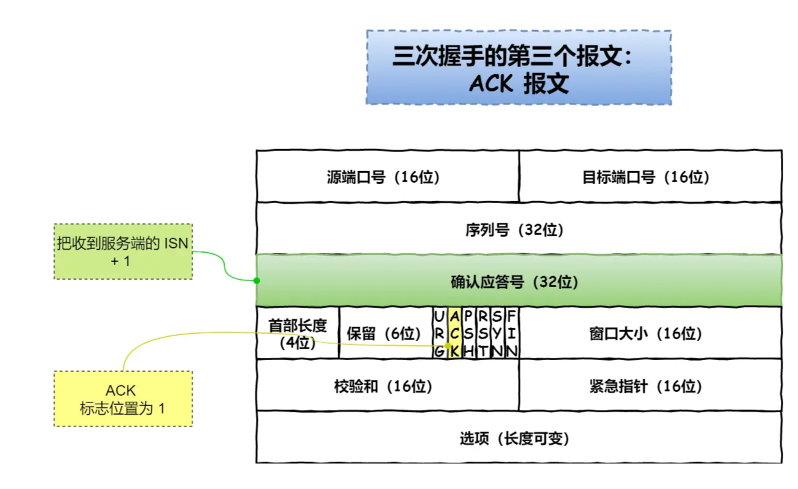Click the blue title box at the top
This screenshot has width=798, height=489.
[518, 67]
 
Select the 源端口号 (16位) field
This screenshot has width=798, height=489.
[387, 177]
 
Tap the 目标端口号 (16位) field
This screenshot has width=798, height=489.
[650, 177]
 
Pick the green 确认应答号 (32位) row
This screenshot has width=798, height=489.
[519, 282]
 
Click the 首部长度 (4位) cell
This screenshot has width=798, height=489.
[297, 333]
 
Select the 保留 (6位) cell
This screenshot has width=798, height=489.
[385, 333]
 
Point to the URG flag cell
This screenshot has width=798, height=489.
[439, 333]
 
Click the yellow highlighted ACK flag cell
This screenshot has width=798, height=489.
[454, 333]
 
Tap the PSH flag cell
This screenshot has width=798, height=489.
[469, 333]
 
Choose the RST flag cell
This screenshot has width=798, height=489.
[483, 333]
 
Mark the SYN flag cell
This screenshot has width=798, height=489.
[497, 333]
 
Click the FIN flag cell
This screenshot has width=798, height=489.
[511, 333]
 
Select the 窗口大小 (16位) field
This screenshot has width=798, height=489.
[650, 333]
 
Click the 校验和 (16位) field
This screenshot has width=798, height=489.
[387, 385]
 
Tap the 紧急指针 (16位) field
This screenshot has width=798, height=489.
[650, 385]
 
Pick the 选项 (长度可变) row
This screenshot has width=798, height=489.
[519, 437]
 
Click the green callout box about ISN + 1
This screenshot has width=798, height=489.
[123, 252]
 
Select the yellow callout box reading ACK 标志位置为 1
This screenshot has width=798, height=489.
[123, 399]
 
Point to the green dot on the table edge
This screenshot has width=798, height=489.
[257, 280]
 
